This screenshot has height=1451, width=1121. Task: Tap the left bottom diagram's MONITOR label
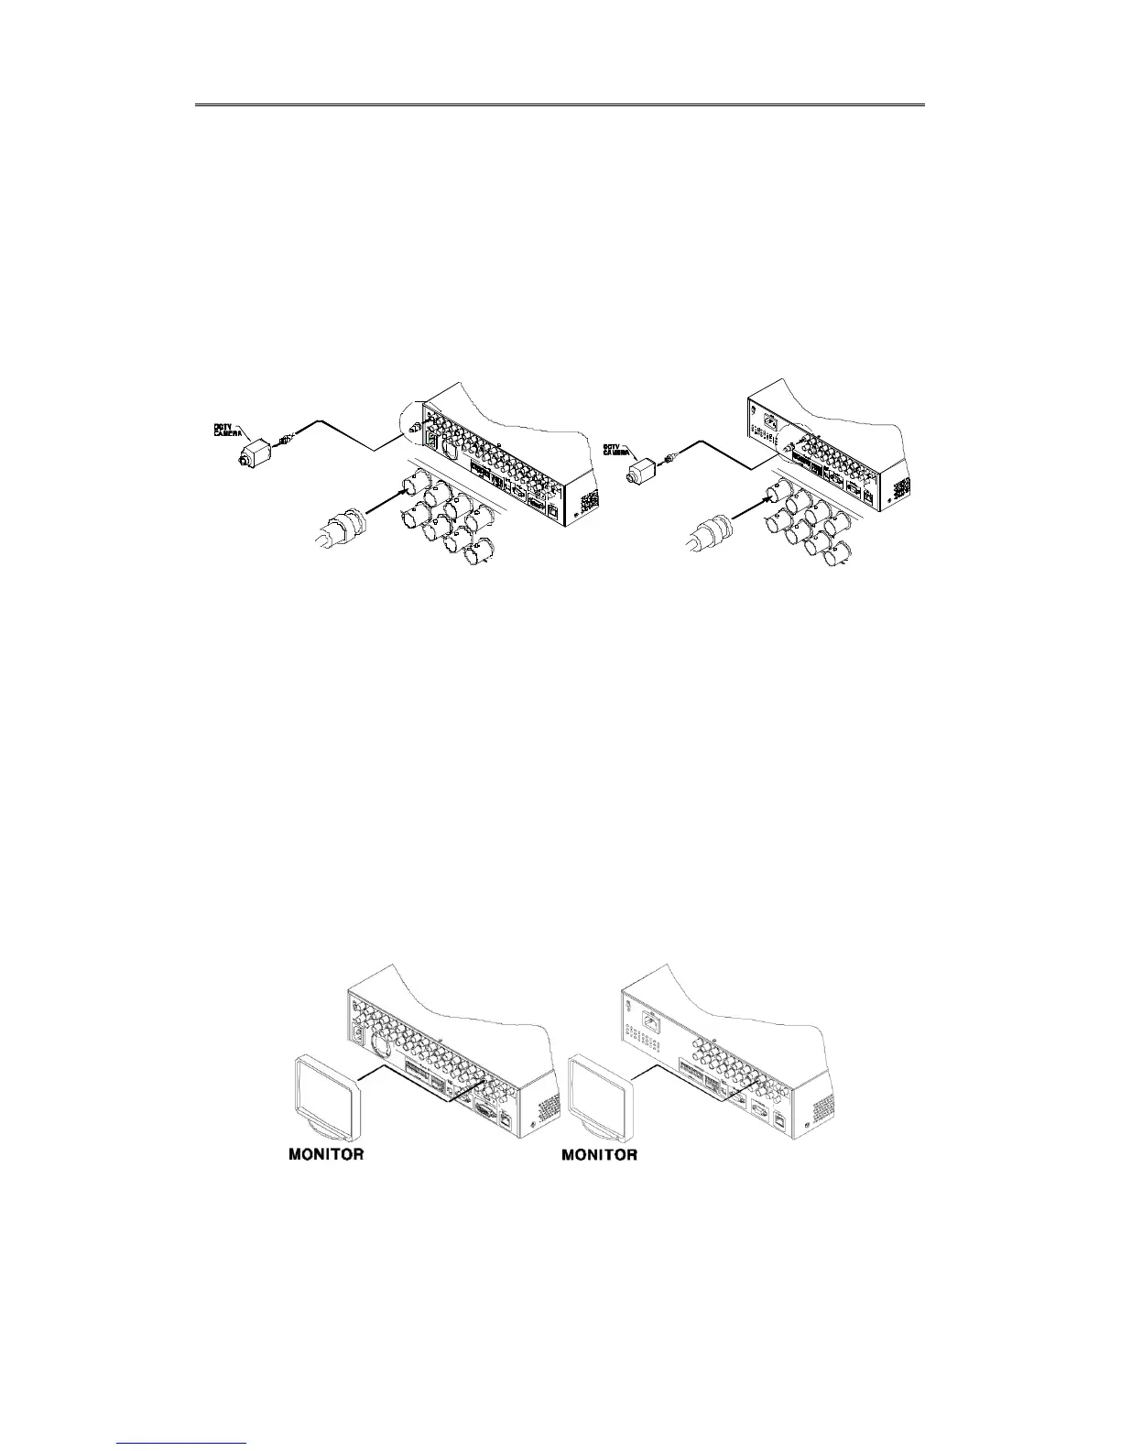pos(326,1154)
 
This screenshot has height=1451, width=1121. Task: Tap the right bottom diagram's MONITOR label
pos(599,1154)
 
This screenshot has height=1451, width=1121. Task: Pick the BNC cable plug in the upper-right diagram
pos(709,530)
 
